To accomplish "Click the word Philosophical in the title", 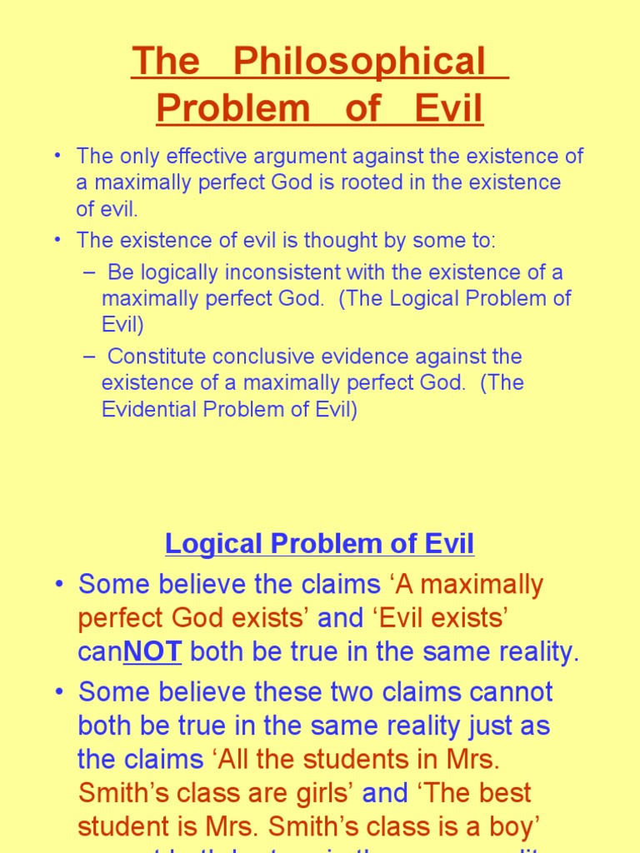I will [x=359, y=62].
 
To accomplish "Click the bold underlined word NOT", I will [x=152, y=652].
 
